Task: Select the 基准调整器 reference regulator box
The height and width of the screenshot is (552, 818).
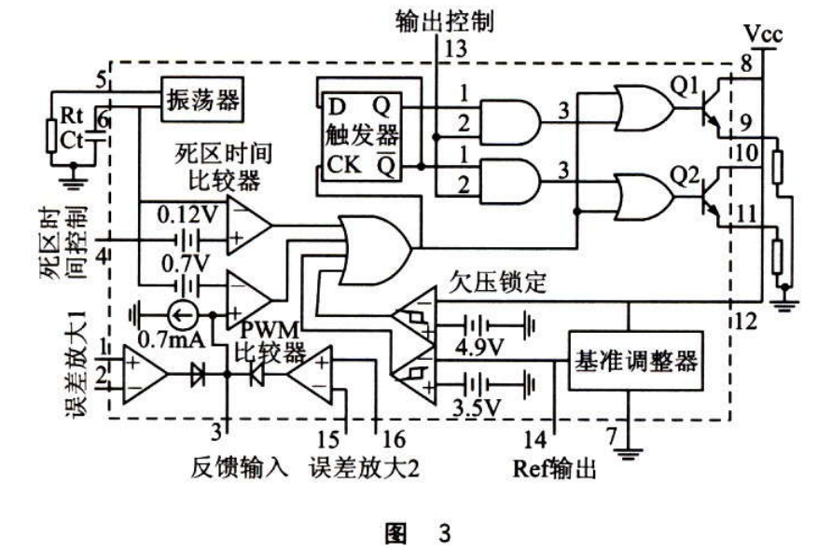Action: coord(634,360)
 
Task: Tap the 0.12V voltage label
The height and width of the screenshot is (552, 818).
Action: coord(190,213)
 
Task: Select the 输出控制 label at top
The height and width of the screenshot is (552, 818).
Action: coord(451,19)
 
